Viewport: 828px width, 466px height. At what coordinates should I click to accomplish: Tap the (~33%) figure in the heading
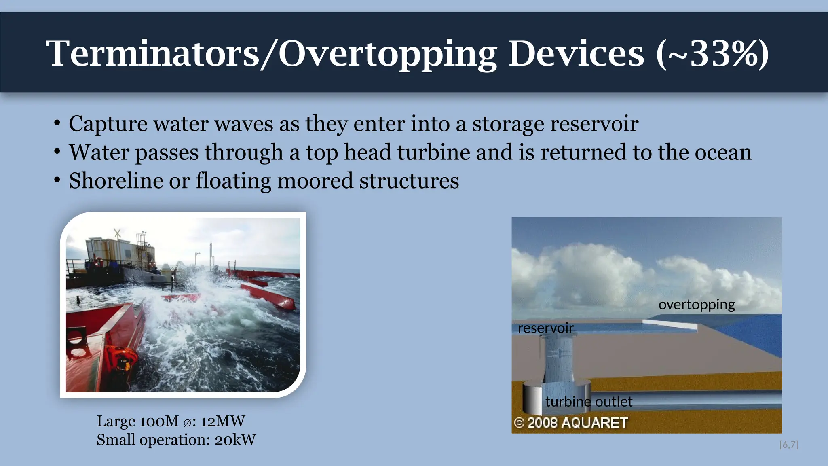(x=712, y=54)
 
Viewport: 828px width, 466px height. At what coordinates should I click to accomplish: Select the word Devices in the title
(x=576, y=54)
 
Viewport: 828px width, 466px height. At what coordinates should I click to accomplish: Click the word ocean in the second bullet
(x=723, y=153)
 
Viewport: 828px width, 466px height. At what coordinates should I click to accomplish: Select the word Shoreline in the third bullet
(x=116, y=180)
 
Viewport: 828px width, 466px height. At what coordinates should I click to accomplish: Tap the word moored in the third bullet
(x=315, y=180)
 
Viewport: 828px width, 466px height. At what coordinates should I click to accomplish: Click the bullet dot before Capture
(x=57, y=123)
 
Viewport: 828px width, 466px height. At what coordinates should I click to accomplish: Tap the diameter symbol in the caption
(x=187, y=422)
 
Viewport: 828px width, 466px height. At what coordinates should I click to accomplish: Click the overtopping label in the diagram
(x=696, y=305)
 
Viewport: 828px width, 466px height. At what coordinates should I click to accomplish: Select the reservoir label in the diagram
(x=545, y=328)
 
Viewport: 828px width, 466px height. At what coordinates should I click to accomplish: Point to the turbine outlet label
(x=589, y=402)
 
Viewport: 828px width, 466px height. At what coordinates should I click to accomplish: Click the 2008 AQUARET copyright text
(x=571, y=423)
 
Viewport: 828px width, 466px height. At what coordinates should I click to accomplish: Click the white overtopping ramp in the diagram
(x=670, y=325)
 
